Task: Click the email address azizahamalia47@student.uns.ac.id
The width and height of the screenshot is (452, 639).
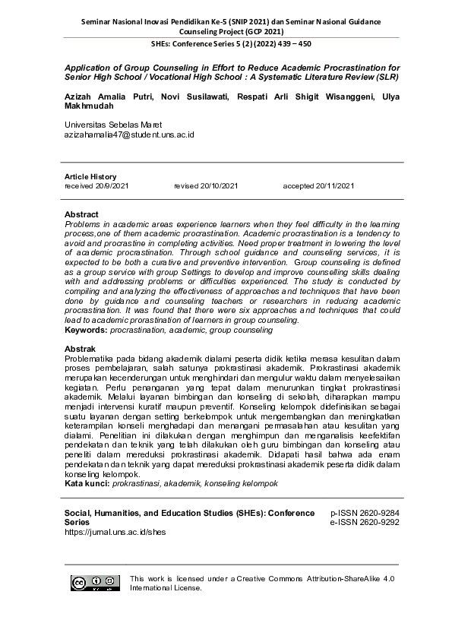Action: pos(129,134)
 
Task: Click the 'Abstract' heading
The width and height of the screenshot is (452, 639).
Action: pos(81,215)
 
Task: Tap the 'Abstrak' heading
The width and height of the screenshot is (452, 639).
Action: pos(81,349)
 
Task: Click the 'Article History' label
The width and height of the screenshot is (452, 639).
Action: pos(90,176)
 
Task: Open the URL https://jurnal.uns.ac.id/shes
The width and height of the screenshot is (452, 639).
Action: pos(115,533)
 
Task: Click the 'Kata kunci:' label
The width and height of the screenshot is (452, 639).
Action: pos(87,483)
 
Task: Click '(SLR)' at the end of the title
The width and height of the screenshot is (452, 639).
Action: pos(385,78)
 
